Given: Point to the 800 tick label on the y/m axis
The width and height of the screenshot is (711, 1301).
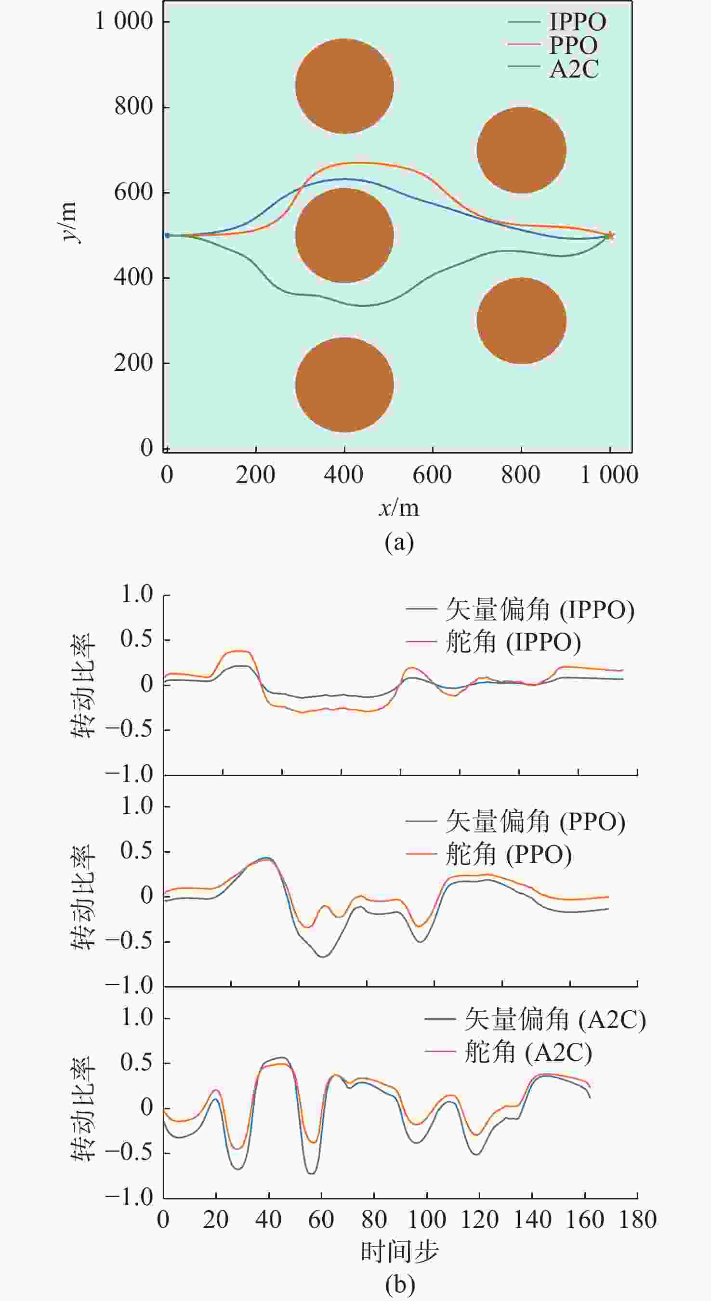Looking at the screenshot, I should (133, 106).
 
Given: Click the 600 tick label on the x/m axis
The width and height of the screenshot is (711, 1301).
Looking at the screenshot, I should (432, 475).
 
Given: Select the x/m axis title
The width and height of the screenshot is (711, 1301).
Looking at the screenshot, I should (399, 507).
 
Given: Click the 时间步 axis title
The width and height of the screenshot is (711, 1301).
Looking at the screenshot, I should (399, 1251).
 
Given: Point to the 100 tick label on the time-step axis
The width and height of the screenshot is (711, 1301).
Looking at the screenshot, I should (427, 1220).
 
